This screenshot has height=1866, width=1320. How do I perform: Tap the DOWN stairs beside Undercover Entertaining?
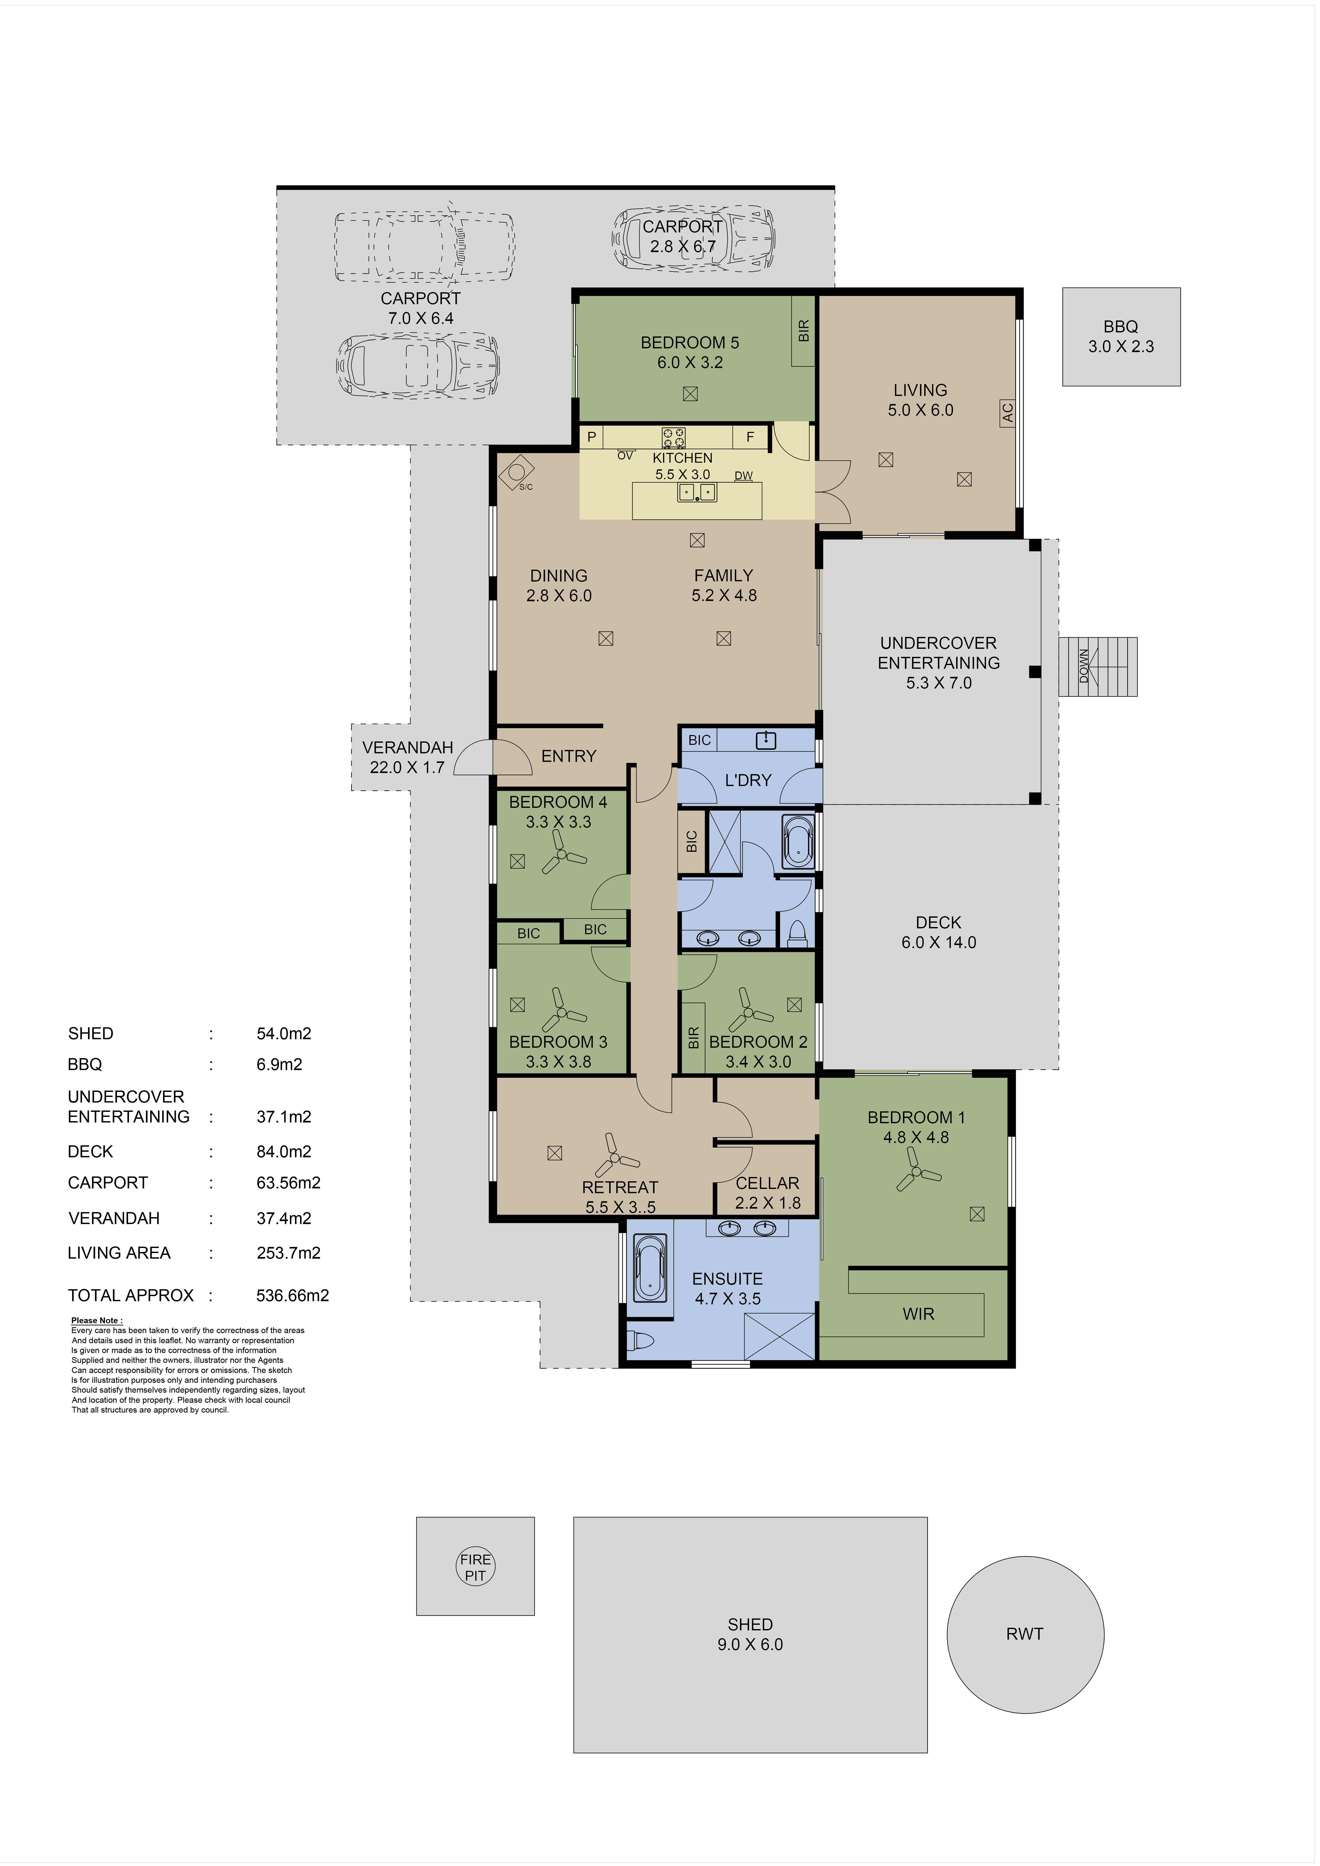(x=1097, y=666)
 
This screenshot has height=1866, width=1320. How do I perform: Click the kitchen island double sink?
(x=697, y=492)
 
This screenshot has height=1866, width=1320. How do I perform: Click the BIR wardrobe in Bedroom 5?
(x=804, y=331)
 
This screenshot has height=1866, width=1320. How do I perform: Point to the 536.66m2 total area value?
(x=293, y=1296)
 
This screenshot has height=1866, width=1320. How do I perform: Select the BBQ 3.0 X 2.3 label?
(x=1121, y=336)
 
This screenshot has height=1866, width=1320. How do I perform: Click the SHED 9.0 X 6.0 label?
(x=750, y=1634)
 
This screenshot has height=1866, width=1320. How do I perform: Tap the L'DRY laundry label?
(x=748, y=780)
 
